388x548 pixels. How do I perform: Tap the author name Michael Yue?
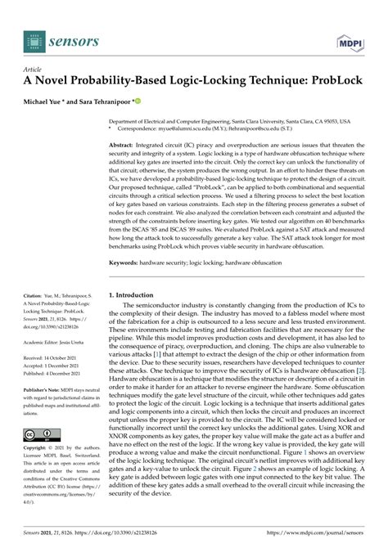[51, 103]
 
